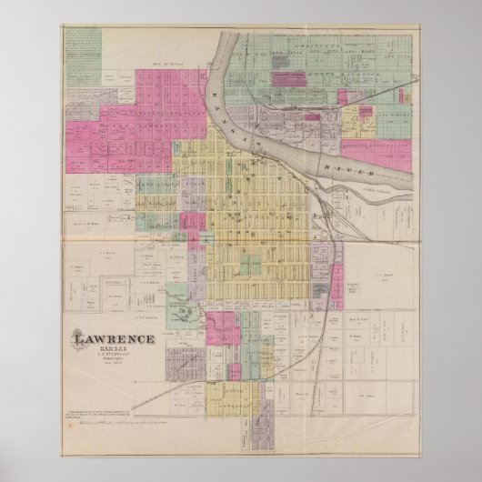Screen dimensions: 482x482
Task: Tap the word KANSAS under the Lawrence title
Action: [x=115, y=353]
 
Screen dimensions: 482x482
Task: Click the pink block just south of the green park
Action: [x=221, y=328]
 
